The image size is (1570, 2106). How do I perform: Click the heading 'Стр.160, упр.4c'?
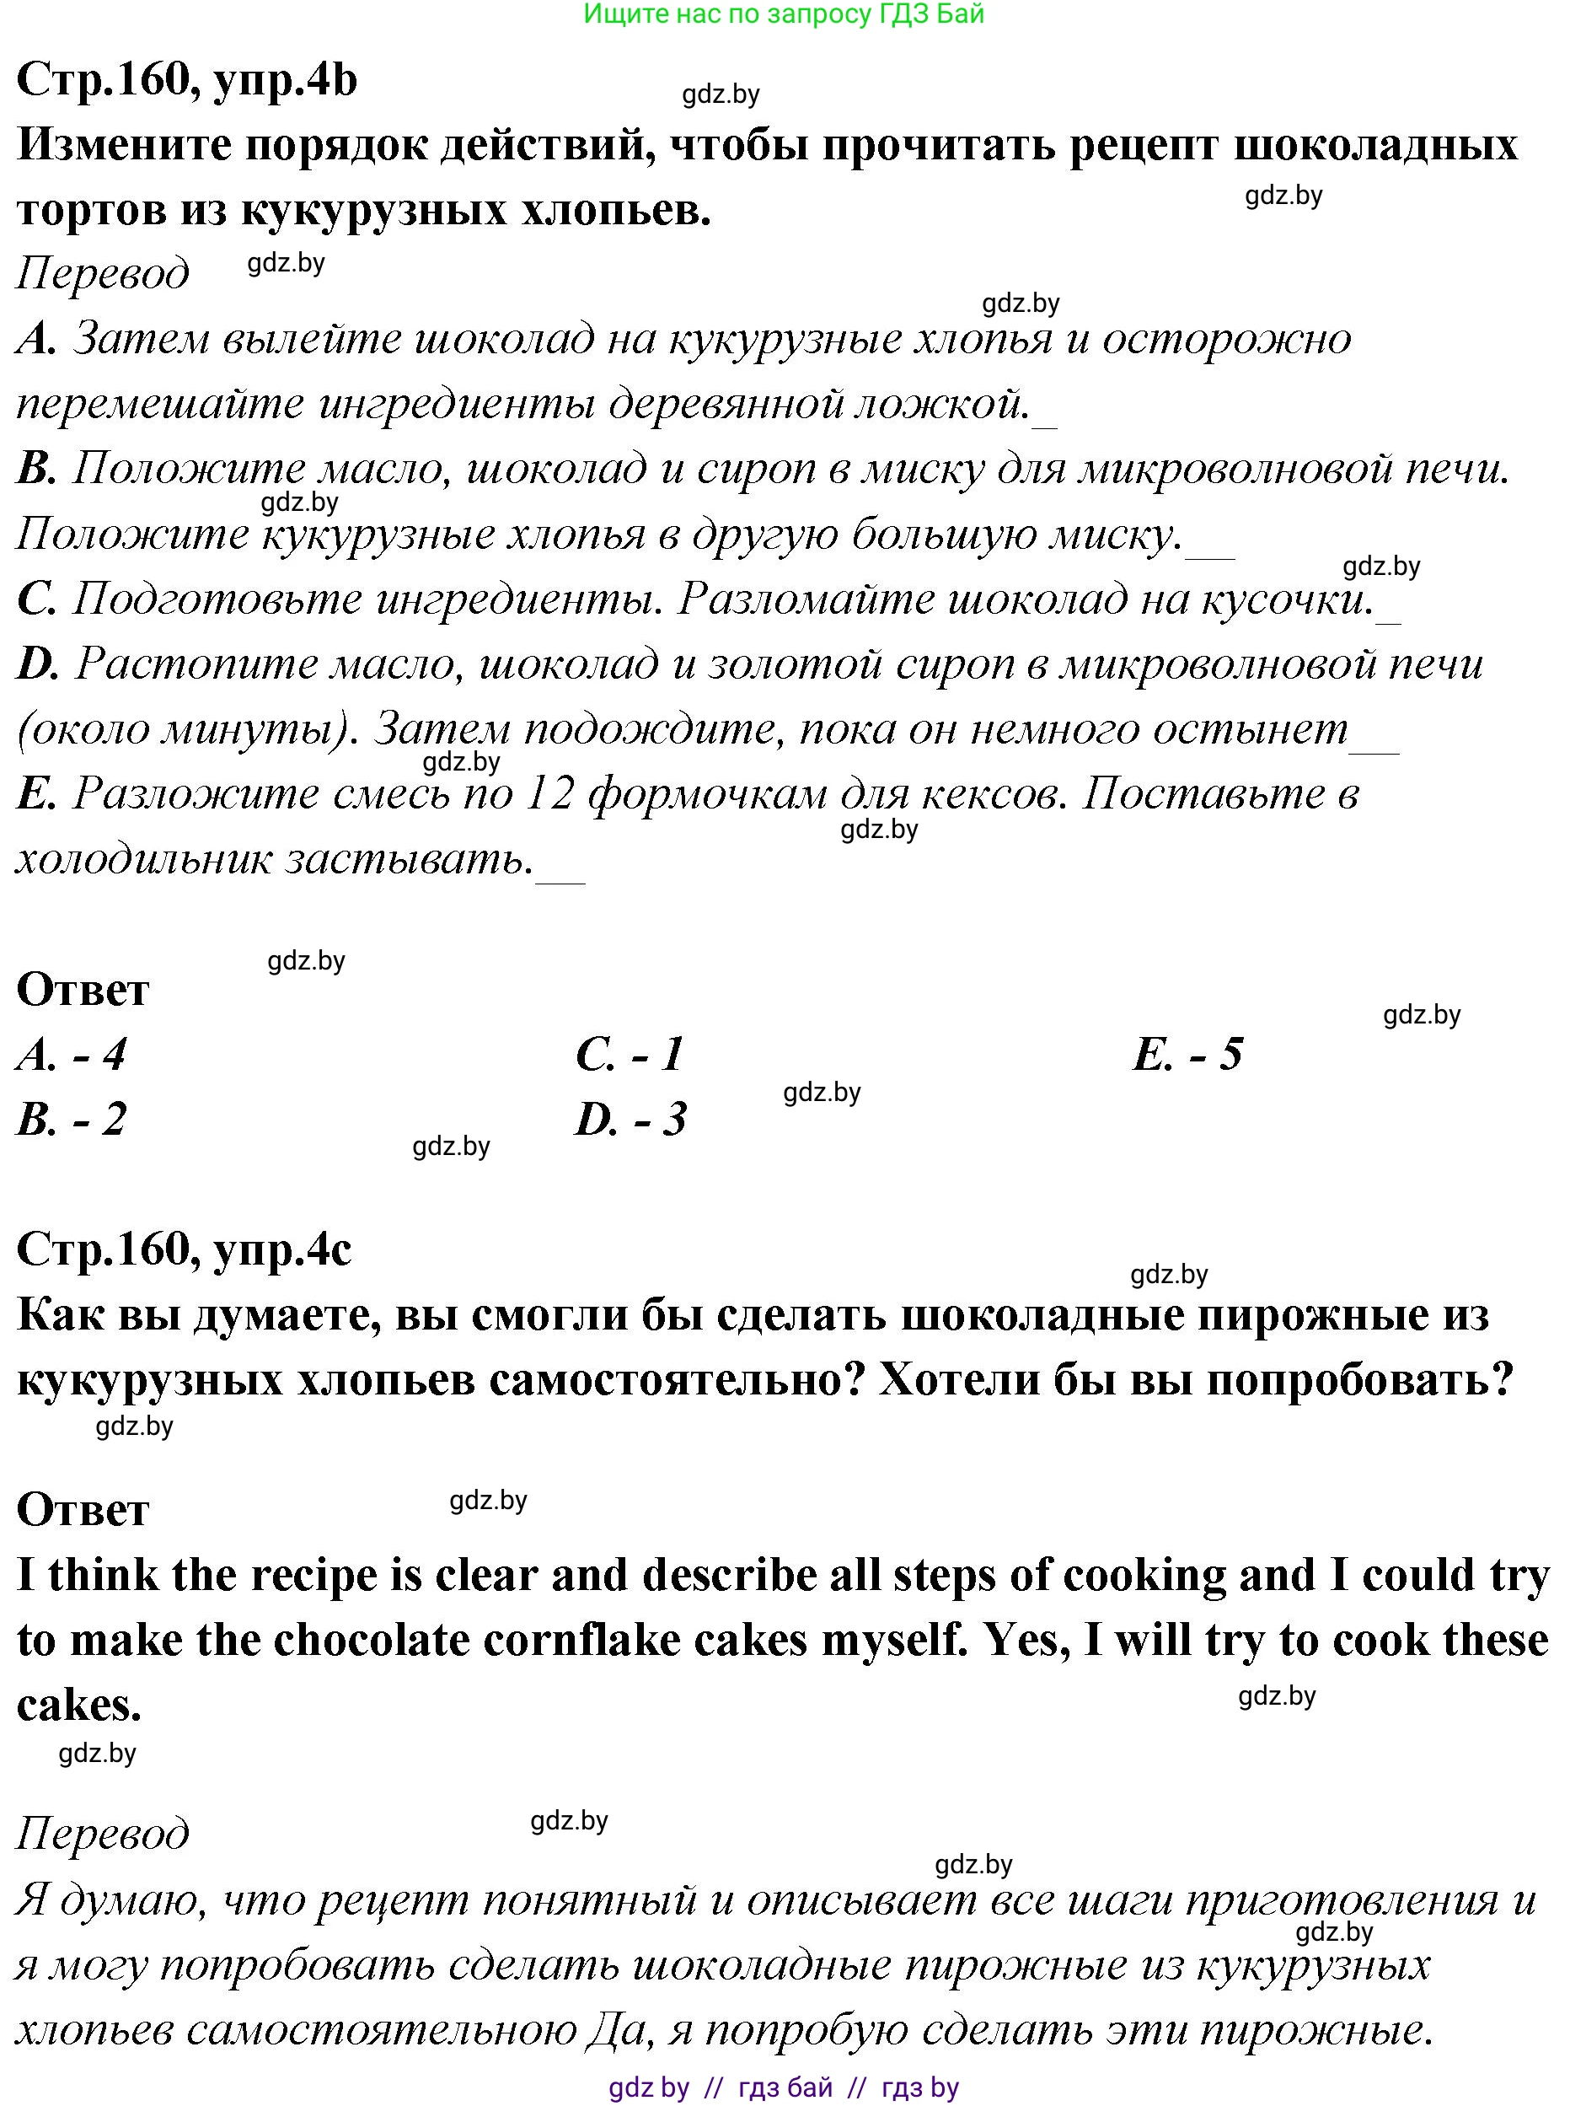point(184,1249)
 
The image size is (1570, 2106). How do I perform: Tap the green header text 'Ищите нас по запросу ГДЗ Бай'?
point(783,14)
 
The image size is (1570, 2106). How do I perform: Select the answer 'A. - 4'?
point(72,1055)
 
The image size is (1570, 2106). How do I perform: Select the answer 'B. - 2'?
point(72,1119)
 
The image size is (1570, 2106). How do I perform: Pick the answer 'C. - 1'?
point(630,1055)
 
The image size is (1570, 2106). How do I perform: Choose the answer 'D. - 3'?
point(631,1119)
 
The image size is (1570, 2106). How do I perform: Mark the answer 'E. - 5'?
point(1188,1055)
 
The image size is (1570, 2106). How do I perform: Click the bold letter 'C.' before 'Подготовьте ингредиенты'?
point(36,599)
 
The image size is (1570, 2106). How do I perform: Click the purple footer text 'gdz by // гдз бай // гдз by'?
point(783,2087)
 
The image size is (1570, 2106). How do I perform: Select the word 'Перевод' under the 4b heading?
point(103,273)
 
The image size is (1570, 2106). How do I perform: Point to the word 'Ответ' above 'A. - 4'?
point(83,990)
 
